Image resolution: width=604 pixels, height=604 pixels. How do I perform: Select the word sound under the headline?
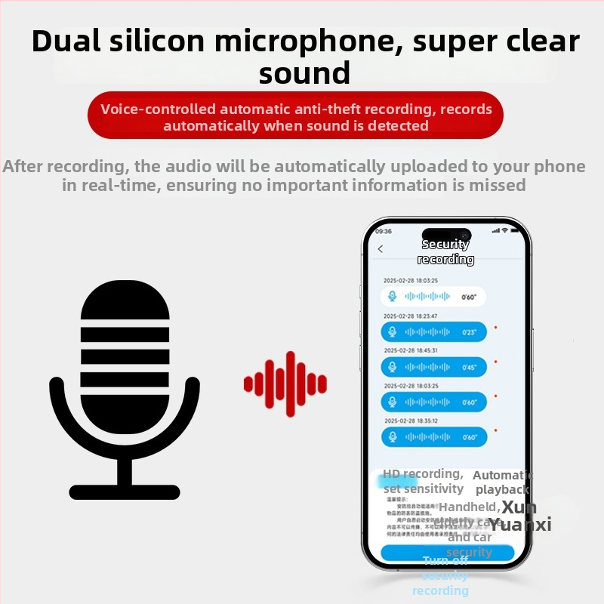click(x=304, y=73)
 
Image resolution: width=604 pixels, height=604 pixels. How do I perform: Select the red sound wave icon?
click(x=285, y=384)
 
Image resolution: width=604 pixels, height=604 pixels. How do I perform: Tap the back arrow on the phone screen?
click(x=381, y=249)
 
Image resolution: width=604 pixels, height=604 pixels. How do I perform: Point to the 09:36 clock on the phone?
click(x=384, y=231)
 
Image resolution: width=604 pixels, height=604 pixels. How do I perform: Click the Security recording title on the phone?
click(x=445, y=251)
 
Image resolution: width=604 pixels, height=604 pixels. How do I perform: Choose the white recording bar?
click(x=433, y=297)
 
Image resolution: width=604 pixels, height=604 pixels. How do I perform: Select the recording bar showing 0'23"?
click(x=433, y=331)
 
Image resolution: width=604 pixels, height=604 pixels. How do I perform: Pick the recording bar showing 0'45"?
click(x=433, y=367)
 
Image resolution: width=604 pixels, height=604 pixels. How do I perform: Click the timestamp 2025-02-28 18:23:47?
click(x=410, y=316)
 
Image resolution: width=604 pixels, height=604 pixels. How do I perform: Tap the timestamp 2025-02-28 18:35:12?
click(x=410, y=421)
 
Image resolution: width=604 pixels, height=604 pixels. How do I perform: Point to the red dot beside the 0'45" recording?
click(x=495, y=362)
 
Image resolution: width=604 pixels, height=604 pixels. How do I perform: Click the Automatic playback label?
click(x=502, y=482)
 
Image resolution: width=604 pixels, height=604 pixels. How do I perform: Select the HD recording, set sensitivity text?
click(x=423, y=481)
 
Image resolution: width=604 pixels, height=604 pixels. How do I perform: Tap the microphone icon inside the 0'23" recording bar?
click(x=391, y=332)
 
